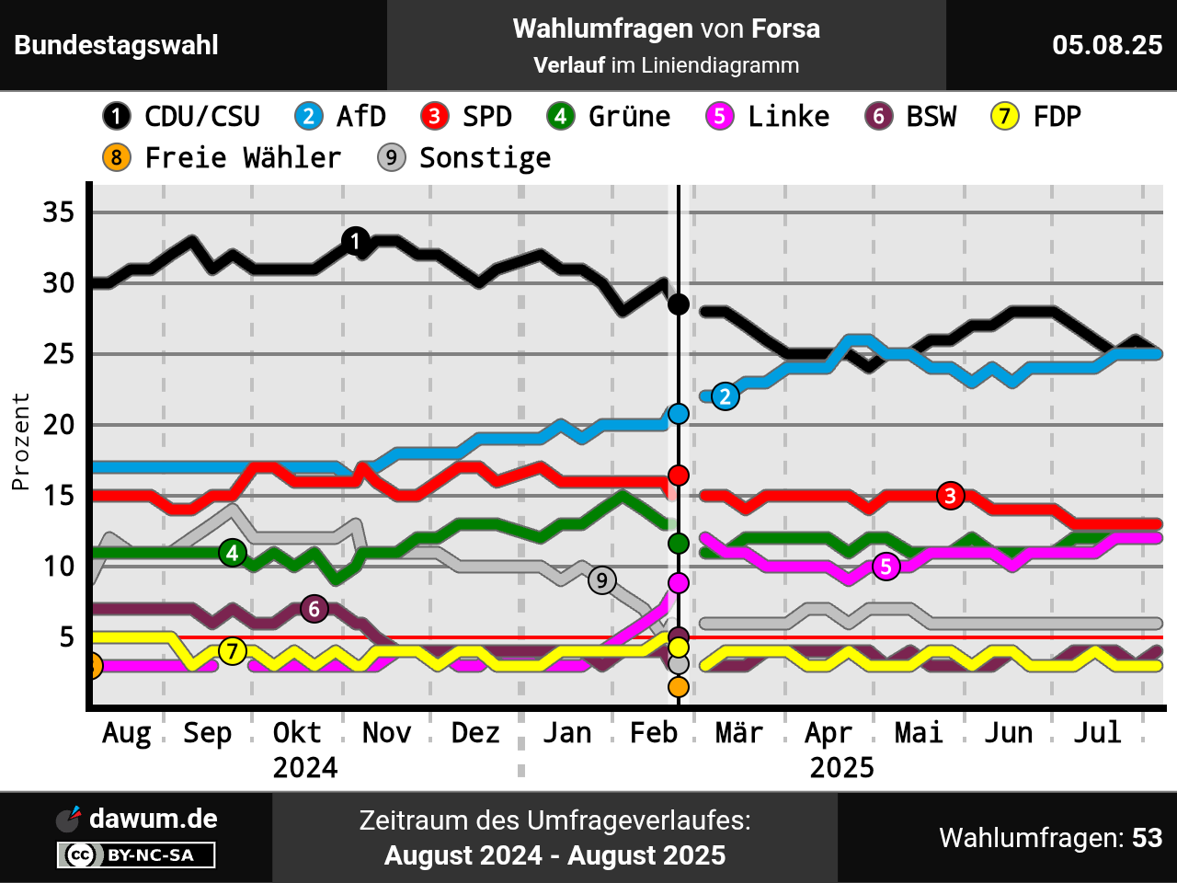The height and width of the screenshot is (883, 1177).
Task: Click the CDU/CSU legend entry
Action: point(181,117)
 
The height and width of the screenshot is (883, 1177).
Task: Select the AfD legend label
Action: point(340,117)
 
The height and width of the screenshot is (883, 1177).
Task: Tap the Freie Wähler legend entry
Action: point(222,158)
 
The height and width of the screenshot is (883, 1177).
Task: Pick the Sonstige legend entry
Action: point(464,158)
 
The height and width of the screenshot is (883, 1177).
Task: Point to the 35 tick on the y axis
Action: point(59,212)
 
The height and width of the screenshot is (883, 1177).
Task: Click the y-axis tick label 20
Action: point(59,425)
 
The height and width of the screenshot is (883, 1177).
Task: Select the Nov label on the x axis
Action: point(386,733)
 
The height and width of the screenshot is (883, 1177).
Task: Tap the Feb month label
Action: point(654,733)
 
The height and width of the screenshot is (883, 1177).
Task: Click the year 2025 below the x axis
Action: point(841,768)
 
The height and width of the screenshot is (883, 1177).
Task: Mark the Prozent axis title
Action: point(20,441)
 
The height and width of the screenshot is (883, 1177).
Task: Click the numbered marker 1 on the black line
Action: point(356,242)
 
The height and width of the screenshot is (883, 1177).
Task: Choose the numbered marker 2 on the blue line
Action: point(726,396)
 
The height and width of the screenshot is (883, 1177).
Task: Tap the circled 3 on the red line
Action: point(950,496)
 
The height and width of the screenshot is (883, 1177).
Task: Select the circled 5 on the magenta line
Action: point(886,567)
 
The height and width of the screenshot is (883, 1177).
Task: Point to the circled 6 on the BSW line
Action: point(314,609)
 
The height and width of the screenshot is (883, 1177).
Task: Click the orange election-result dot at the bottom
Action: point(679,686)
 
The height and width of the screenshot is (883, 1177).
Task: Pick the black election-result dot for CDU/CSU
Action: point(679,304)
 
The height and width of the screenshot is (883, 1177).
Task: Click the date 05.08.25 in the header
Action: point(1107,45)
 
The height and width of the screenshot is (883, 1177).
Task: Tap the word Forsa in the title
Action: point(785,29)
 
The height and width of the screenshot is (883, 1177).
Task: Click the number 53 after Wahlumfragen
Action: point(1147,838)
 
